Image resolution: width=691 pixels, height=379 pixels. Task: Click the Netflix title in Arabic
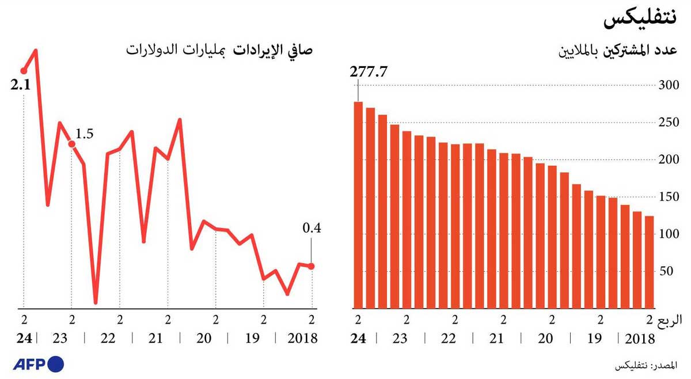(x=639, y=20)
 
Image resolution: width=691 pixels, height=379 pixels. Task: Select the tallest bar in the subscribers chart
(x=358, y=204)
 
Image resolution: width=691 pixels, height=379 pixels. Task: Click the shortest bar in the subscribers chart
(x=649, y=262)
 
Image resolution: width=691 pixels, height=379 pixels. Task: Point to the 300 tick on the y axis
(x=669, y=85)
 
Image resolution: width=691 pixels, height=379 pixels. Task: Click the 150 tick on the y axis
(x=669, y=198)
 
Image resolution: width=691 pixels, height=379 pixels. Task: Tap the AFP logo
(x=39, y=364)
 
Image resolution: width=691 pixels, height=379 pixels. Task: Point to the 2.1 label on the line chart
(x=21, y=86)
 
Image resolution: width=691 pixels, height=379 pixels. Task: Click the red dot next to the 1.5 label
(x=71, y=143)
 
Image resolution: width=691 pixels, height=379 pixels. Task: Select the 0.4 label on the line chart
(x=312, y=229)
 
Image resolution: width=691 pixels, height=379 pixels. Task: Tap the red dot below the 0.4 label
(x=312, y=266)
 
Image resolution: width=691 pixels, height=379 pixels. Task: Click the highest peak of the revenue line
(x=36, y=51)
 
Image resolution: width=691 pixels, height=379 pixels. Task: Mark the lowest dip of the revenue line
(x=96, y=302)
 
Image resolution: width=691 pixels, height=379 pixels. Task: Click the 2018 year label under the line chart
(x=303, y=338)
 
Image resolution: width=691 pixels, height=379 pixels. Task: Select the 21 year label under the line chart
(x=155, y=338)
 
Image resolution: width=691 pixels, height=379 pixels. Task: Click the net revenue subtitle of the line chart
(x=219, y=50)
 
